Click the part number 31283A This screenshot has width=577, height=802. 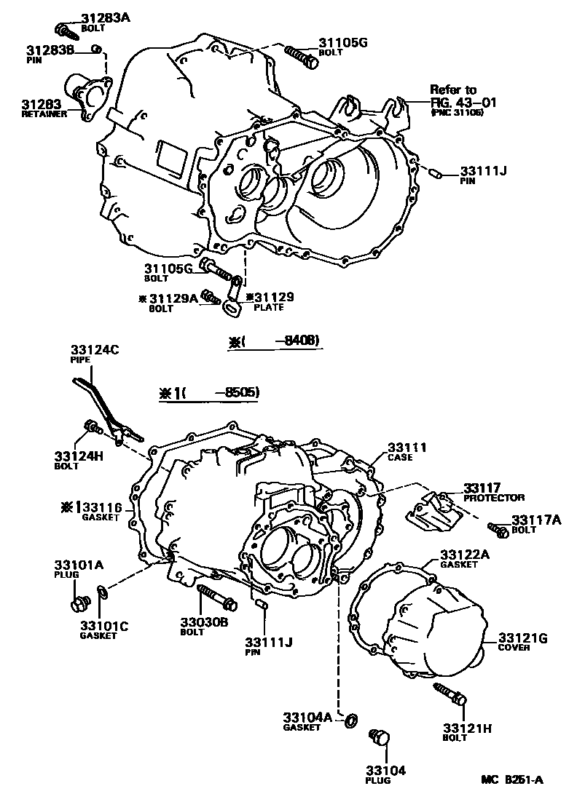pyautogui.click(x=88, y=18)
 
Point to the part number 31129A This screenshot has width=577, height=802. pyautogui.click(x=173, y=298)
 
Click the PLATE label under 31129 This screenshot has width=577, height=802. pyautogui.click(x=268, y=308)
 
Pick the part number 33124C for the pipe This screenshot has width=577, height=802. pyautogui.click(x=94, y=350)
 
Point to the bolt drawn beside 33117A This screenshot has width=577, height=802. pyautogui.click(x=497, y=530)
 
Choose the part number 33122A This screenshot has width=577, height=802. pyautogui.click(x=463, y=554)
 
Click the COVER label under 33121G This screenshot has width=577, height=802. pyautogui.click(x=514, y=648)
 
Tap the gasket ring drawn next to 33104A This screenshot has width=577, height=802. pyautogui.click(x=350, y=720)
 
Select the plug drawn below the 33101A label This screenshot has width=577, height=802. pyautogui.click(x=79, y=603)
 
